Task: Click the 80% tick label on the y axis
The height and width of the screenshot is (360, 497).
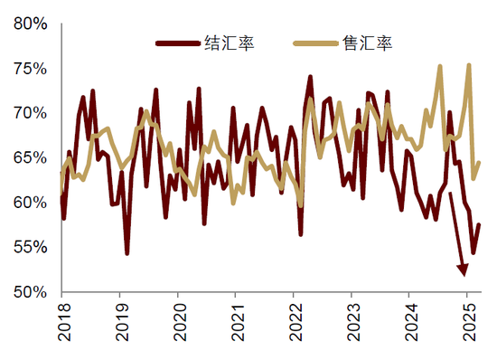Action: point(32,24)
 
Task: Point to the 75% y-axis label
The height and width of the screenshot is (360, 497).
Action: point(32,69)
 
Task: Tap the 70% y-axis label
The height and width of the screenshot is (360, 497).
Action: point(32,113)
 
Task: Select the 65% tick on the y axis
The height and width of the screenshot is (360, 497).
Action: point(32,157)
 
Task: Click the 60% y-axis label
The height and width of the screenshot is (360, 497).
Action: point(32,203)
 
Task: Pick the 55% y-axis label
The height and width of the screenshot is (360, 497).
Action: point(32,247)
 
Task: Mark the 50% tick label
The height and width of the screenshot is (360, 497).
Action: point(32,291)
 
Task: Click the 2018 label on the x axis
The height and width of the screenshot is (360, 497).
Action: point(61,322)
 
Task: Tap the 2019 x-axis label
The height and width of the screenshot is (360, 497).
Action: point(119,322)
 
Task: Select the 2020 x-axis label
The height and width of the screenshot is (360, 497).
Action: point(177,322)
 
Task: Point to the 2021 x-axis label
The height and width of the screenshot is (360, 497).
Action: point(235,322)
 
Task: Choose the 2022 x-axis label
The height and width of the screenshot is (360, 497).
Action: point(293,322)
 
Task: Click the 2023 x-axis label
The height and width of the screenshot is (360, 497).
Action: point(351,322)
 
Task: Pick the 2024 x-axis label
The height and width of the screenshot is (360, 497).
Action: point(408,322)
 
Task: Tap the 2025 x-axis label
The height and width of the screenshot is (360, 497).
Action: point(466,322)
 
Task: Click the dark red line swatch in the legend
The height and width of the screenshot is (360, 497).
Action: point(178,43)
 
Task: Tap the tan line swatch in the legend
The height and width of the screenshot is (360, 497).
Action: point(316,43)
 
